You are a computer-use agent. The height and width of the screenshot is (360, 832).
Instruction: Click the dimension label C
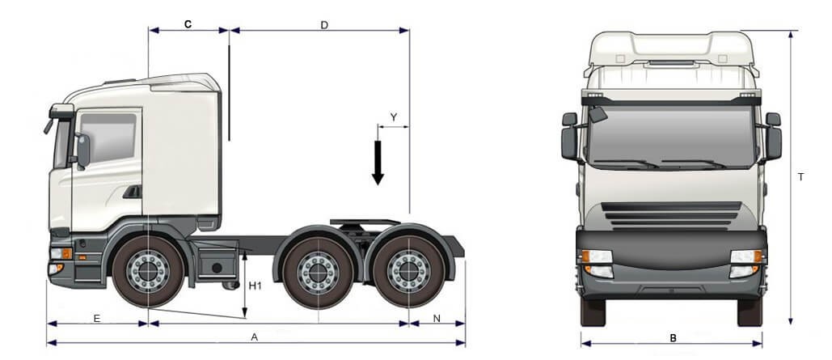(x=188, y=24)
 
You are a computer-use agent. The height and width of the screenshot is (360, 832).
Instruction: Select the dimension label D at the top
(x=324, y=25)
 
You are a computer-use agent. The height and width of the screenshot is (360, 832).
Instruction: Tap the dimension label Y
(x=394, y=117)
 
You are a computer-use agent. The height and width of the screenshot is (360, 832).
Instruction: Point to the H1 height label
(x=256, y=286)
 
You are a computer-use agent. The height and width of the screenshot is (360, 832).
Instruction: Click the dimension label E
(x=96, y=319)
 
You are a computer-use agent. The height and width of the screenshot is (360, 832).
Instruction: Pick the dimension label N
(x=437, y=319)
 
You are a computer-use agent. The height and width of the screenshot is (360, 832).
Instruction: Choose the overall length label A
(x=254, y=337)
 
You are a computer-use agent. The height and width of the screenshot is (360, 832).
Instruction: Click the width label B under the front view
(x=673, y=337)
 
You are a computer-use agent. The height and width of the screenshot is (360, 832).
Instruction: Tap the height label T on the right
(x=800, y=177)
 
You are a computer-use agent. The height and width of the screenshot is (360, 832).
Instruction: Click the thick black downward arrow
(x=378, y=163)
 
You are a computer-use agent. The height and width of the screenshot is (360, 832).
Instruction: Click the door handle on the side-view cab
(x=133, y=192)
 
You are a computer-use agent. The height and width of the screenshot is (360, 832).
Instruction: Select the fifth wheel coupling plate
(x=365, y=222)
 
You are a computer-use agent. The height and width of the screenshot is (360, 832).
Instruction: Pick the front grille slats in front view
(x=671, y=215)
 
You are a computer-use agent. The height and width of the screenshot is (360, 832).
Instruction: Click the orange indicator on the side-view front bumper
(x=67, y=253)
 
